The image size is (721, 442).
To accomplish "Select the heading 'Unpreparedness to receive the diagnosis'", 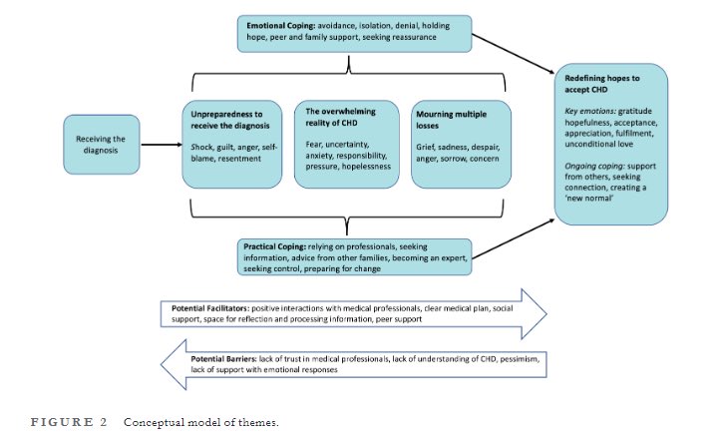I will pyautogui.click(x=230, y=122).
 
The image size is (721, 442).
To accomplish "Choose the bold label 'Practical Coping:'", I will pyautogui.click(x=275, y=244).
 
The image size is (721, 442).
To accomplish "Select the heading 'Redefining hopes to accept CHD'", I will pyautogui.click(x=605, y=83).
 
